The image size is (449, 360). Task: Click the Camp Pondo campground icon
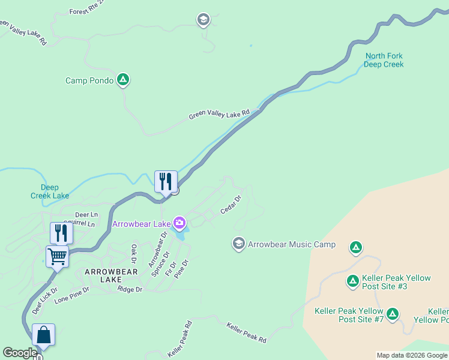(x=123, y=79)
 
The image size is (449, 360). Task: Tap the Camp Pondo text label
(x=89, y=80)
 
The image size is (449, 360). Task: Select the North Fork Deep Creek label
(x=384, y=61)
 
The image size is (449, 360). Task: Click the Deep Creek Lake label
(x=50, y=191)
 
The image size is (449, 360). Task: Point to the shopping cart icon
(x=57, y=257)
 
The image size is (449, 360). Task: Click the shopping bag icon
(x=44, y=334)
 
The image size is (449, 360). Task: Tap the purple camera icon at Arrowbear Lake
(x=179, y=224)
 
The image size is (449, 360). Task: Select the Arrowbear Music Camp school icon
(x=238, y=244)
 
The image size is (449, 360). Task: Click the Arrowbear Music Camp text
(x=292, y=245)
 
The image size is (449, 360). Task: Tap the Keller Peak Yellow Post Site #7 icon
(x=393, y=313)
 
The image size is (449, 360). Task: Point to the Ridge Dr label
(x=130, y=289)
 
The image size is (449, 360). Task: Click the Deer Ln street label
(x=86, y=214)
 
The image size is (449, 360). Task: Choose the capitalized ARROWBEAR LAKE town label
(x=111, y=276)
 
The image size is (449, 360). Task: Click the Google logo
(x=20, y=353)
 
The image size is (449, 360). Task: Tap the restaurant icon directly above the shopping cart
(x=61, y=232)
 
